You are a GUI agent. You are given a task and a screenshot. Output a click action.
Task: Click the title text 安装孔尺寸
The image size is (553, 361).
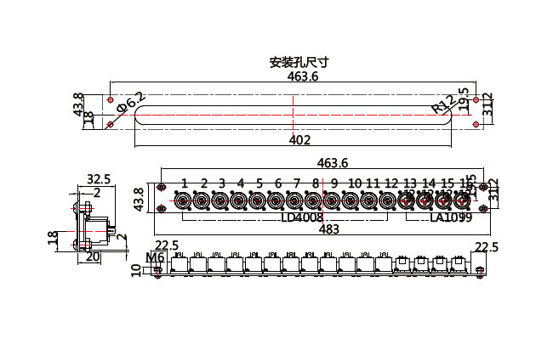[299, 63]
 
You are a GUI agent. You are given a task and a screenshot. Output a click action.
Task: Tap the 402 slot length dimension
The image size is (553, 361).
[299, 140]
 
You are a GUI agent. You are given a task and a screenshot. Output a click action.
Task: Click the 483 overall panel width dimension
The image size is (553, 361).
[328, 228]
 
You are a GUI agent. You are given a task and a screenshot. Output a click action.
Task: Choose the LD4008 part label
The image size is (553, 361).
[302, 217]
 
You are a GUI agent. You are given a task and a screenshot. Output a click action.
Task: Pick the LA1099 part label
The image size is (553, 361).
[451, 217]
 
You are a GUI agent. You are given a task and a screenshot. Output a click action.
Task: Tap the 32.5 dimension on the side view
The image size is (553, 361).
[100, 178]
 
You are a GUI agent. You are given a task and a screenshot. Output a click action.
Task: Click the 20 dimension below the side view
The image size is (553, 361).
[93, 256]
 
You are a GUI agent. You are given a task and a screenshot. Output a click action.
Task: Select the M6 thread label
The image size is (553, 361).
[155, 257]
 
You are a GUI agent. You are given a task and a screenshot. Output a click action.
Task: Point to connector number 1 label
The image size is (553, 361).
[184, 183]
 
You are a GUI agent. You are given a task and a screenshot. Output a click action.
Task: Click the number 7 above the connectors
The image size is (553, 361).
[296, 183]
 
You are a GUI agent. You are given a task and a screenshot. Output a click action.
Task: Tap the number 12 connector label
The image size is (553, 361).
[391, 183]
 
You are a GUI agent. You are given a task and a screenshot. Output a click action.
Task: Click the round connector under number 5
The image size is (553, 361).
[258, 201]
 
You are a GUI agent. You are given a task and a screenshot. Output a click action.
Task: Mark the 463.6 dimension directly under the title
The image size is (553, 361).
[303, 76]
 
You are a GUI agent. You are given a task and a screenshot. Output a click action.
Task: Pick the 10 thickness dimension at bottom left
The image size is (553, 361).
[135, 270]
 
